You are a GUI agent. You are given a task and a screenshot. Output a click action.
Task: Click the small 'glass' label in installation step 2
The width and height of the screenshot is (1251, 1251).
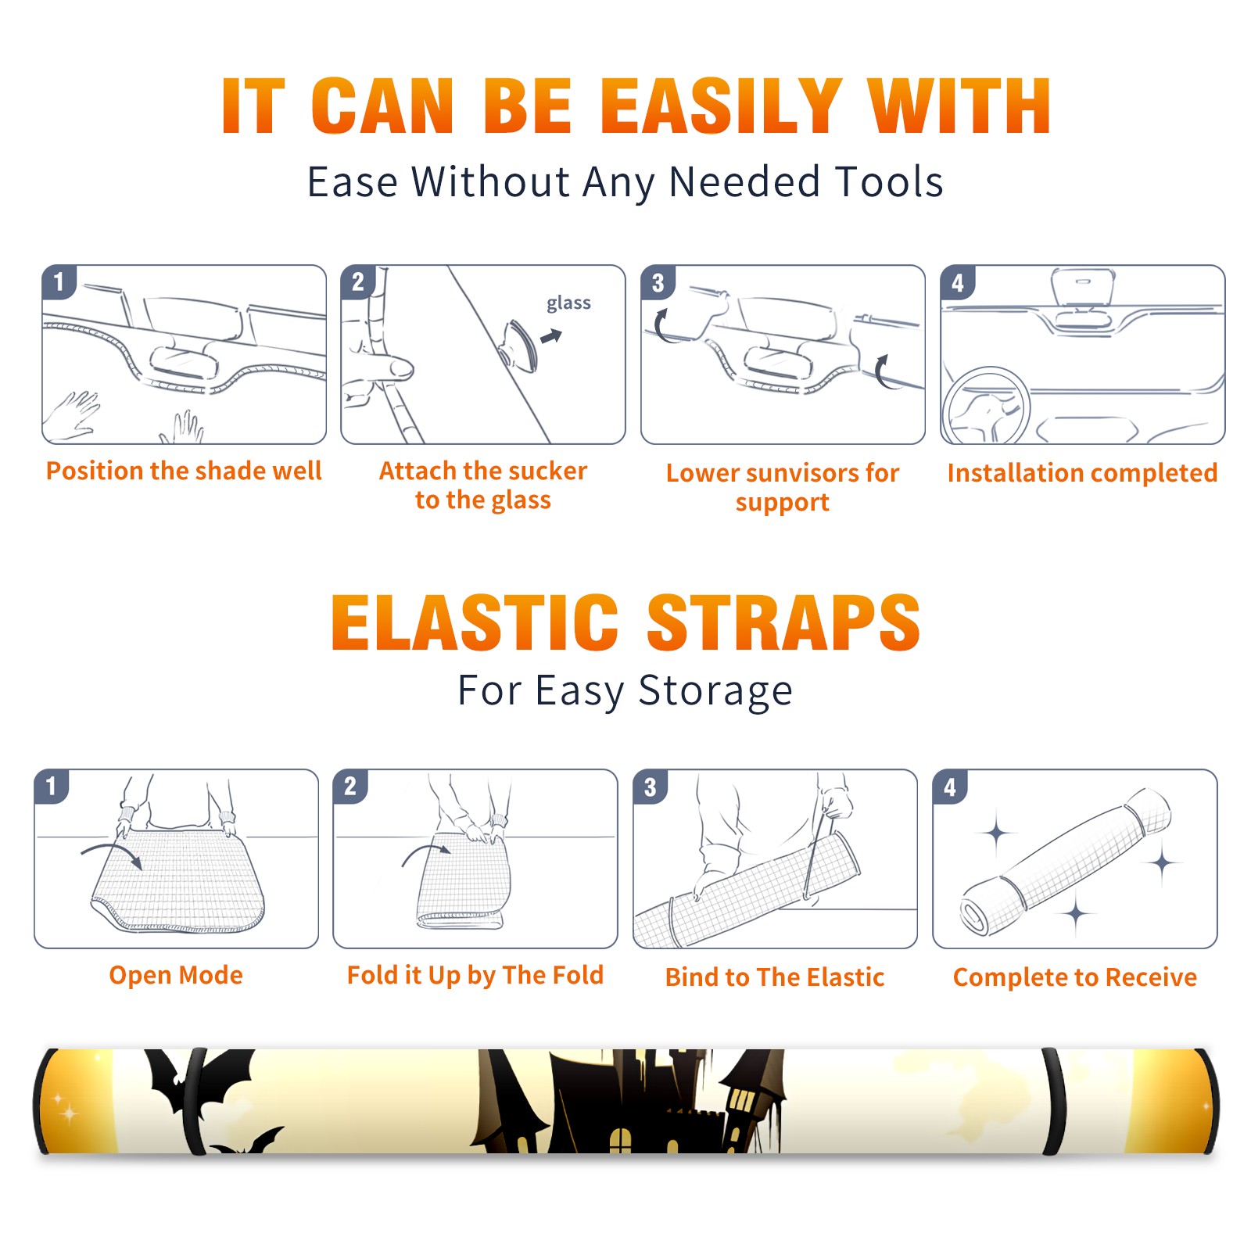point(568,303)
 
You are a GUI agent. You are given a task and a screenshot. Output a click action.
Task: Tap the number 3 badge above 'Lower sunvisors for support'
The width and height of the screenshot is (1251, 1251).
point(658,282)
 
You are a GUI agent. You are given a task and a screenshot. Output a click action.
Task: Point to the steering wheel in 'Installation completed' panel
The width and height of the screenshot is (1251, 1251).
point(985,406)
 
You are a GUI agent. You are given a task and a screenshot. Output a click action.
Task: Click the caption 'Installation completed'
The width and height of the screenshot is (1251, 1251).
point(1082,473)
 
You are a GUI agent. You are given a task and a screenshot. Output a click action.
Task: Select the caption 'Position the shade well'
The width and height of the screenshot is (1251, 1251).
point(184,471)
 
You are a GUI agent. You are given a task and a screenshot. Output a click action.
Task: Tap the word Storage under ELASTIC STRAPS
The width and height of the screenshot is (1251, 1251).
point(715,691)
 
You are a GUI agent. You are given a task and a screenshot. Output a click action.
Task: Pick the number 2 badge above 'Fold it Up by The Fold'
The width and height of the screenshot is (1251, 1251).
point(350,787)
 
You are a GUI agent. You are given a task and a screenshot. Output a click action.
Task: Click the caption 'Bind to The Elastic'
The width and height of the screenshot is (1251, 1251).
point(774,977)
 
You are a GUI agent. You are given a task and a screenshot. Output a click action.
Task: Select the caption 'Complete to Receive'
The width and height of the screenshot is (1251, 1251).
point(1075,977)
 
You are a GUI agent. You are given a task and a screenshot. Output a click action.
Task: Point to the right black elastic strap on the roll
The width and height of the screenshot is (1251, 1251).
point(1054,1101)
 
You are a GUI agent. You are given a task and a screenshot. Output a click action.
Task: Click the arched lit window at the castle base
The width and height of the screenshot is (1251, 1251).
point(620,1140)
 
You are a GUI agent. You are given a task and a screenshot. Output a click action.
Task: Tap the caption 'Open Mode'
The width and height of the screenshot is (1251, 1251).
point(176,975)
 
